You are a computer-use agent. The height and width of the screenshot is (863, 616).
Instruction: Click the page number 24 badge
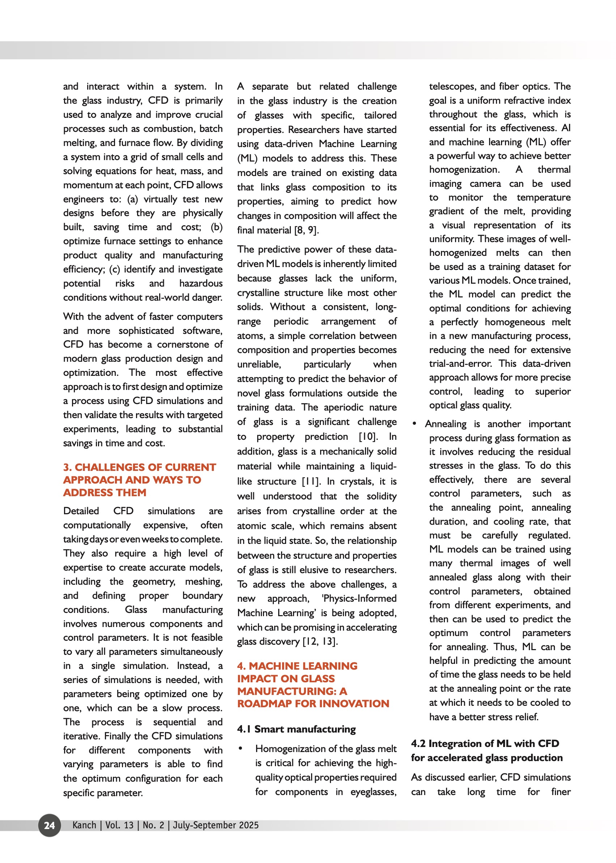(x=49, y=825)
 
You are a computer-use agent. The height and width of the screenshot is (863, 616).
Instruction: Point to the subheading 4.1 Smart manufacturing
(x=296, y=729)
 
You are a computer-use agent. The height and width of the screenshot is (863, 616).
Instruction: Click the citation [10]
(x=368, y=437)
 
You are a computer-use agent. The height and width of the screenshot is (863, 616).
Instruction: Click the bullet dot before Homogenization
(x=241, y=748)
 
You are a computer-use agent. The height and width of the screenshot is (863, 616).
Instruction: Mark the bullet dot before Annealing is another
(x=415, y=424)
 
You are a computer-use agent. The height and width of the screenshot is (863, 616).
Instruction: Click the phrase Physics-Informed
(x=359, y=598)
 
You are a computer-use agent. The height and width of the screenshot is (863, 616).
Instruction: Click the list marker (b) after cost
(x=216, y=227)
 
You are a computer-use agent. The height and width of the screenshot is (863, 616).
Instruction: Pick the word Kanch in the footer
(x=84, y=825)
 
